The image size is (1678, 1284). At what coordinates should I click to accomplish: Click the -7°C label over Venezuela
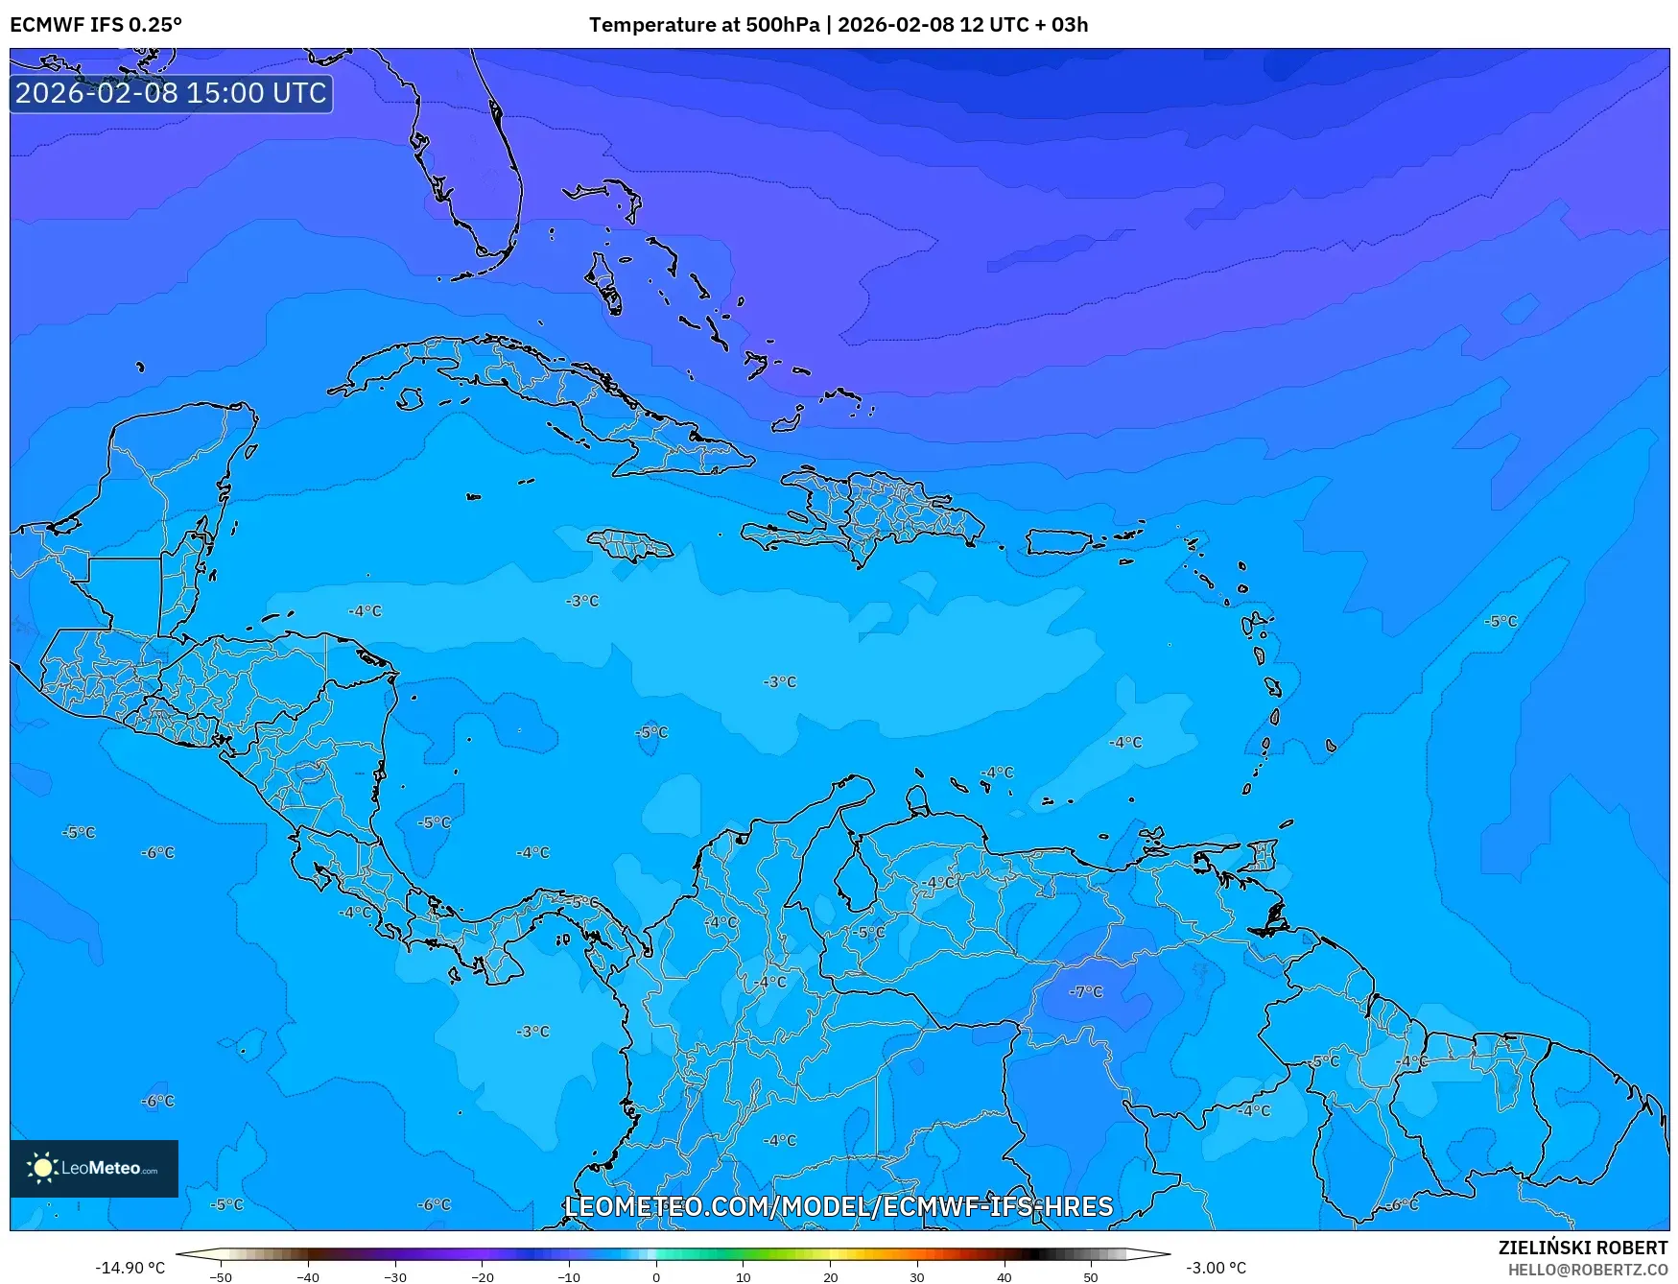click(x=1087, y=991)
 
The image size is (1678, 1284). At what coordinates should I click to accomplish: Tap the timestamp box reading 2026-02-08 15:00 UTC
click(x=171, y=93)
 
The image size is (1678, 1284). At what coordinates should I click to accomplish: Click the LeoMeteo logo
click(x=93, y=1168)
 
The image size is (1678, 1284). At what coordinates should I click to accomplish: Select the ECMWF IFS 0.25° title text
click(x=96, y=24)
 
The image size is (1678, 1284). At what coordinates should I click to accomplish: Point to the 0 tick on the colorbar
click(x=656, y=1275)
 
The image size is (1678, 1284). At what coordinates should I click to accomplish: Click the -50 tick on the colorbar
click(x=221, y=1275)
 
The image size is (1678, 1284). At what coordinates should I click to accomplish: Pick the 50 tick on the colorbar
click(x=1091, y=1275)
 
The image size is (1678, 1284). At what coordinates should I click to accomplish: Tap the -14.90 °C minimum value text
click(x=130, y=1268)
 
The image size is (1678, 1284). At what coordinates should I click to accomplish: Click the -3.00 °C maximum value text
click(x=1216, y=1268)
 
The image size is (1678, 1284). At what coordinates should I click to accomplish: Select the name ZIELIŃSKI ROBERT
click(x=1583, y=1248)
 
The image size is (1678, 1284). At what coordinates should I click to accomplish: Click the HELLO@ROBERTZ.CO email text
click(x=1587, y=1270)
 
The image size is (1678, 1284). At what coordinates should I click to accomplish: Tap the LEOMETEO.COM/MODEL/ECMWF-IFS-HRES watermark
click(x=839, y=1206)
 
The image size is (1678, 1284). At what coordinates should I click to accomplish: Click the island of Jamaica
click(x=631, y=546)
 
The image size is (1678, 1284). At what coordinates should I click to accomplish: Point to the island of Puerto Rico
click(x=1059, y=542)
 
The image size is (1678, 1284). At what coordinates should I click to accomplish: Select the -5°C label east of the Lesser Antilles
click(x=1501, y=621)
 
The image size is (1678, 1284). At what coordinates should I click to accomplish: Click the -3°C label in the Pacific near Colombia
click(x=532, y=1032)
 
